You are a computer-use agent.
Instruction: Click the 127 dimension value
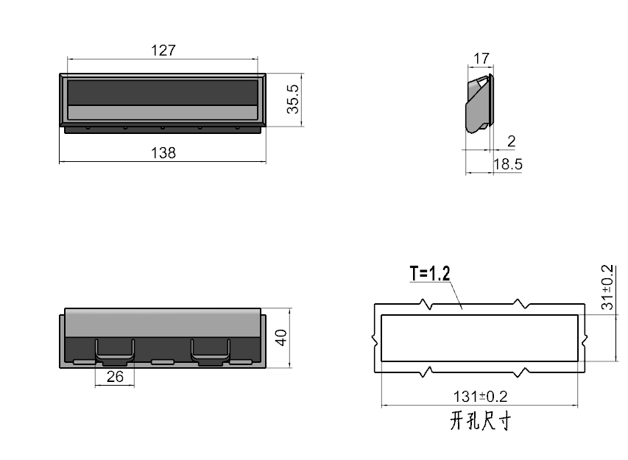point(163,50)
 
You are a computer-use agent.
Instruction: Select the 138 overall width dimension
point(163,153)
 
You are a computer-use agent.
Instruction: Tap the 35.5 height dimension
point(293,99)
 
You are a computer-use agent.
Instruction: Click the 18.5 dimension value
point(507,165)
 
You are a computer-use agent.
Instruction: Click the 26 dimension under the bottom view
point(115,377)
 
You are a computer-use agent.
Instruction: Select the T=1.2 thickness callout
point(430,275)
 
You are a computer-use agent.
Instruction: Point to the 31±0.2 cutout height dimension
point(608,286)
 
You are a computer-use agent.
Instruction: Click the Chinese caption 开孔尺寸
point(480,422)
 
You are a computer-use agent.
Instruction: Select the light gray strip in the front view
point(163,113)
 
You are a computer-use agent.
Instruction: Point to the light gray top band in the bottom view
point(163,322)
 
